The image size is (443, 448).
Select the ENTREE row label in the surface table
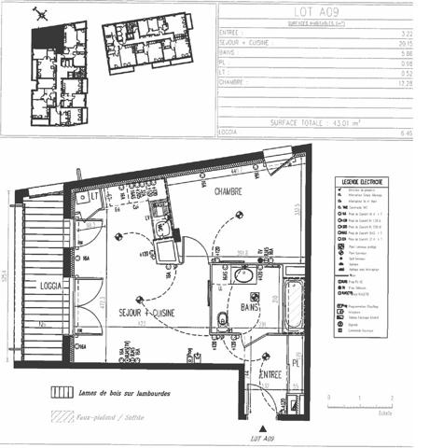point(234,32)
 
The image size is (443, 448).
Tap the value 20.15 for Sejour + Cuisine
point(405,42)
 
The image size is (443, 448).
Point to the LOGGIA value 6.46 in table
point(406,133)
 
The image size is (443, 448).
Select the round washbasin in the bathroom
point(245,275)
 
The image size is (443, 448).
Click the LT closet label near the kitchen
point(93,196)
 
